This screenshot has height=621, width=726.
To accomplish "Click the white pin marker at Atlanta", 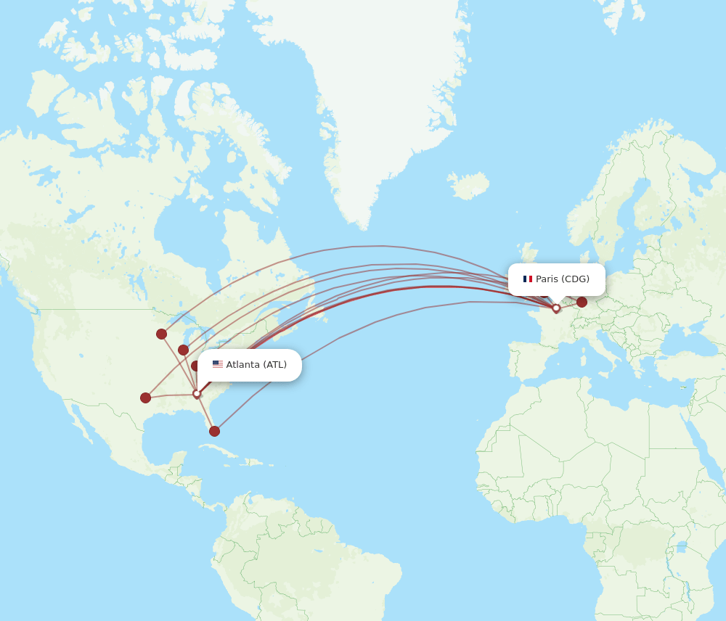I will pos(196,394).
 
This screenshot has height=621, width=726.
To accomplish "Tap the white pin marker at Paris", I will pos(556,308).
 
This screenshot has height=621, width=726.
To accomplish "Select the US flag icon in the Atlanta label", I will pos(218,364).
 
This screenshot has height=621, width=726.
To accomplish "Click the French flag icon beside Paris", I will pos(528,279).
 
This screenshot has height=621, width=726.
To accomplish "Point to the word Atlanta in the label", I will pos(243,364).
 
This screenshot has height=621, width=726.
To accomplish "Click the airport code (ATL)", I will pos(275,364).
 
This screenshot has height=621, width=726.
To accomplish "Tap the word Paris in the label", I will pos(547,279).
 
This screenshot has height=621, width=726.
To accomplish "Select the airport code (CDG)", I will pos(575,279).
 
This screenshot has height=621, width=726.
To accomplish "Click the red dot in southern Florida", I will pos(214,431).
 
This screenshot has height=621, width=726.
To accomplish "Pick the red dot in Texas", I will pos(145,398).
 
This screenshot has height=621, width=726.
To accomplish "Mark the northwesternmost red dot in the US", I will pos(161,334).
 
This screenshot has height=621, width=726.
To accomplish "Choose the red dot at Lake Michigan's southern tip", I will pos(183,350).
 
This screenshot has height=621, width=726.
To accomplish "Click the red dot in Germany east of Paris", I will pos(582,302).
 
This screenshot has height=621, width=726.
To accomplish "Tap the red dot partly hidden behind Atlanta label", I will pos(195,366).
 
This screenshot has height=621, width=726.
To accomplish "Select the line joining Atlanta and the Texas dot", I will pos(171,395).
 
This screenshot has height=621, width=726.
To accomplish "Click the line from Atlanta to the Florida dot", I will pos(205,414).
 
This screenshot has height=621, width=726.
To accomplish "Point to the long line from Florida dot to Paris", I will pos(341,337).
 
